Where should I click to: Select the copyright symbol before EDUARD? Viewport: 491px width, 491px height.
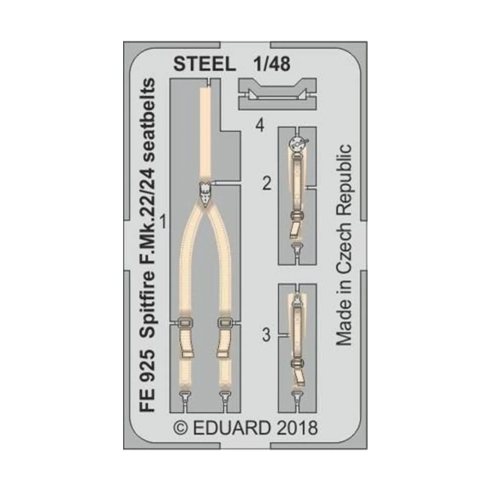pyautogui.click(x=181, y=429)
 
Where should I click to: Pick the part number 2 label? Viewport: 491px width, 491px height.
pyautogui.click(x=267, y=185)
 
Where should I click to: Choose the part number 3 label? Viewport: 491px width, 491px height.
pyautogui.click(x=266, y=336)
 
